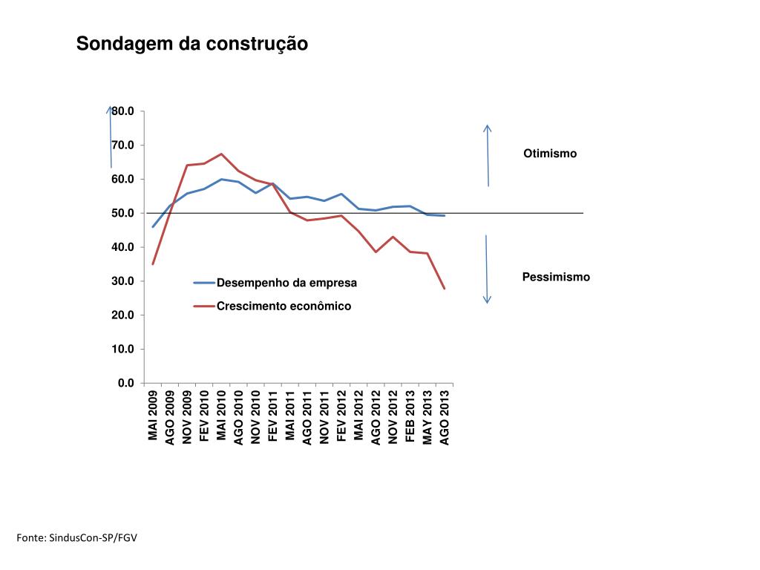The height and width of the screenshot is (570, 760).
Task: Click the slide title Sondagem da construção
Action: tap(192, 45)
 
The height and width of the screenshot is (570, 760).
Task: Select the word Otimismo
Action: tap(549, 154)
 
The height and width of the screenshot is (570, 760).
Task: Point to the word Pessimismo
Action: tap(556, 277)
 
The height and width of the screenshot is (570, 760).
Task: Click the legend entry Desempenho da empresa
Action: tap(286, 283)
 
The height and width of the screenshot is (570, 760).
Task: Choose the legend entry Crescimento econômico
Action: tap(284, 306)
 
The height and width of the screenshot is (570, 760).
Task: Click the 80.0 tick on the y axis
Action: tap(123, 111)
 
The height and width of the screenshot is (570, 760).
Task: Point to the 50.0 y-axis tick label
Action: tap(123, 214)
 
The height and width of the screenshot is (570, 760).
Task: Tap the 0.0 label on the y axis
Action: tap(125, 383)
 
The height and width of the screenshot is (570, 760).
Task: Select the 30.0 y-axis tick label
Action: tap(123, 281)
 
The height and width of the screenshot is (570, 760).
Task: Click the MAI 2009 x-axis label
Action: tap(153, 415)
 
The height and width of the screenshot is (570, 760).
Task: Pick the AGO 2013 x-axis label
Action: tap(445, 417)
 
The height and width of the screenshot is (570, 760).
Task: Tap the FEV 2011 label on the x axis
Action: tap(273, 416)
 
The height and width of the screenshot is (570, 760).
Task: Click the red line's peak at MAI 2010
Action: tap(221, 154)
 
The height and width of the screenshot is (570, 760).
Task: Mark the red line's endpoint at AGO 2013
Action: tap(445, 288)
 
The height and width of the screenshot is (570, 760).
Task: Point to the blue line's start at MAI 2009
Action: tap(153, 226)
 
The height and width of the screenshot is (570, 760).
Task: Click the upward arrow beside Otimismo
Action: tap(488, 155)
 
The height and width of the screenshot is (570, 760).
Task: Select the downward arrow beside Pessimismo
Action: tap(487, 269)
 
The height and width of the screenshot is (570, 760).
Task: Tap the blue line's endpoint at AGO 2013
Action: tap(445, 215)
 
